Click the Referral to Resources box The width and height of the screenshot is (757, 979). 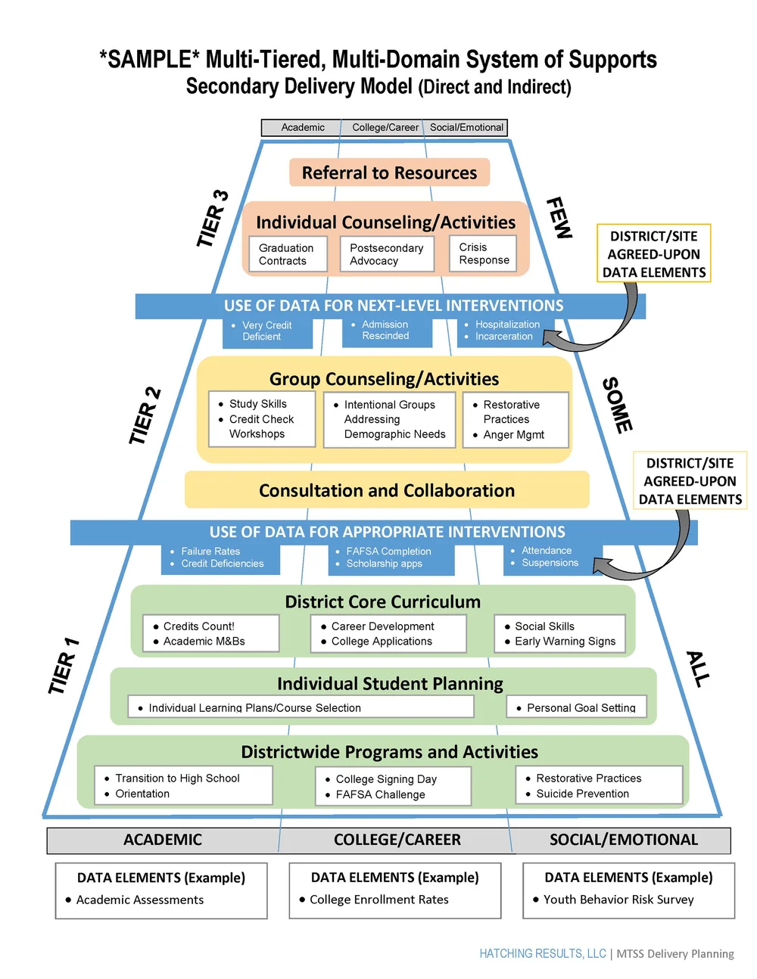[x=389, y=172]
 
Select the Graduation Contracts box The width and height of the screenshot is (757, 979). [x=288, y=254]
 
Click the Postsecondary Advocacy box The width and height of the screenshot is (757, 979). [x=387, y=254]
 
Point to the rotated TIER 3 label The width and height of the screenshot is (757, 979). [x=213, y=219]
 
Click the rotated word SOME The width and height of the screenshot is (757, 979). [x=617, y=406]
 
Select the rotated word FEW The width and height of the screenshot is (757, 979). [x=559, y=218]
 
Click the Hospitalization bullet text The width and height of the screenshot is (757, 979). [x=507, y=325]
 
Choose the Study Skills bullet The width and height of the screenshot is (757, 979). [x=257, y=404]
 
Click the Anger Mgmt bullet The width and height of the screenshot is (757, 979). [x=513, y=435]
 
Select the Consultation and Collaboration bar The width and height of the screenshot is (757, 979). [x=387, y=490]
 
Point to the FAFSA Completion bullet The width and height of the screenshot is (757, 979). [x=388, y=552]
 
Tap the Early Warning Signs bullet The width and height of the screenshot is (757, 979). [x=565, y=642]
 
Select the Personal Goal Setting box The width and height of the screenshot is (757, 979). [x=577, y=707]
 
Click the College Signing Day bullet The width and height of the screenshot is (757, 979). [x=386, y=779]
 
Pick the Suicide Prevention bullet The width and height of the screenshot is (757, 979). [x=582, y=794]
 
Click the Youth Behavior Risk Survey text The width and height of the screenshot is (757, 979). [x=618, y=900]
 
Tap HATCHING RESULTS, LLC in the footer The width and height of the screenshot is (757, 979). [x=543, y=953]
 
